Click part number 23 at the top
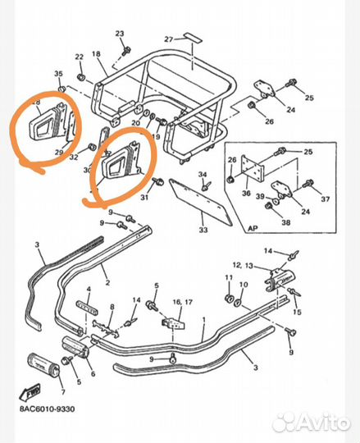pyautogui.click(x=119, y=33)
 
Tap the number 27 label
pyautogui.click(x=168, y=39)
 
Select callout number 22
pyautogui.click(x=80, y=57)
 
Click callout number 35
pyautogui.click(x=58, y=74)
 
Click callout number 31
pyautogui.click(x=145, y=197)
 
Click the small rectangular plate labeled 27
pyautogui.click(x=190, y=38)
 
